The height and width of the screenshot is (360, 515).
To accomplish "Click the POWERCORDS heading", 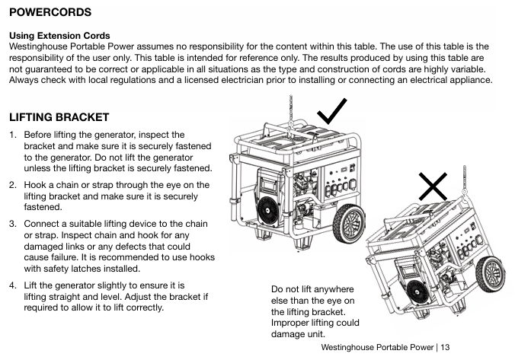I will (x=50, y=13).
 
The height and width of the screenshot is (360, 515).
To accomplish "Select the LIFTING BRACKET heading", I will (x=59, y=117).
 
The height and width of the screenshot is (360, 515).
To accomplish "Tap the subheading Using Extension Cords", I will (x=59, y=36).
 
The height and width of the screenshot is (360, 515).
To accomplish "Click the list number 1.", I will (x=12, y=135).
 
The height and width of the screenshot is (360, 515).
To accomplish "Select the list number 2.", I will (x=12, y=185).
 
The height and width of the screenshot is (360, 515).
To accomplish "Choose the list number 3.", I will (x=12, y=224).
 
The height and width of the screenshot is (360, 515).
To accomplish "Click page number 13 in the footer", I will (x=446, y=347).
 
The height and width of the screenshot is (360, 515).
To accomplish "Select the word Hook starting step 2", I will (x=36, y=185).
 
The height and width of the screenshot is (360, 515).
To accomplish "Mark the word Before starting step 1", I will (x=39, y=135).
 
